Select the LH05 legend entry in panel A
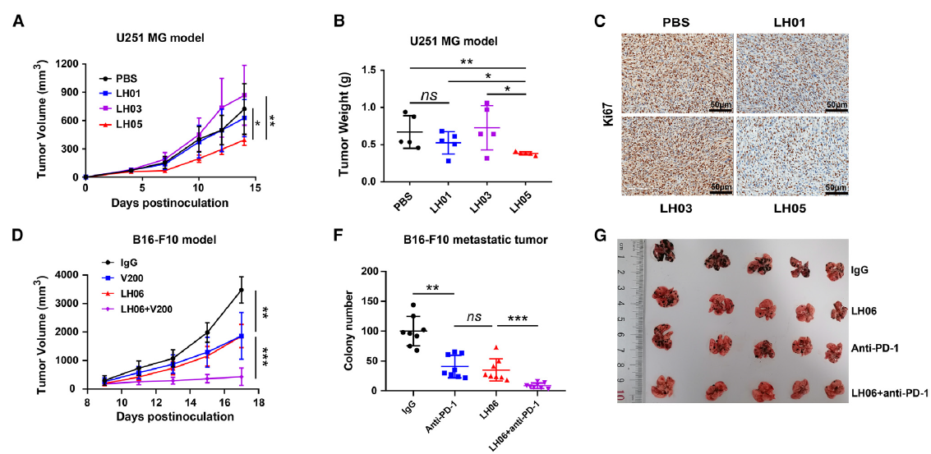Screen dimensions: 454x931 click(133, 125)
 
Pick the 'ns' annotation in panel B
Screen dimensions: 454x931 click(429, 96)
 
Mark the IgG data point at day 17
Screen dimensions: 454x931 click(240, 290)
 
